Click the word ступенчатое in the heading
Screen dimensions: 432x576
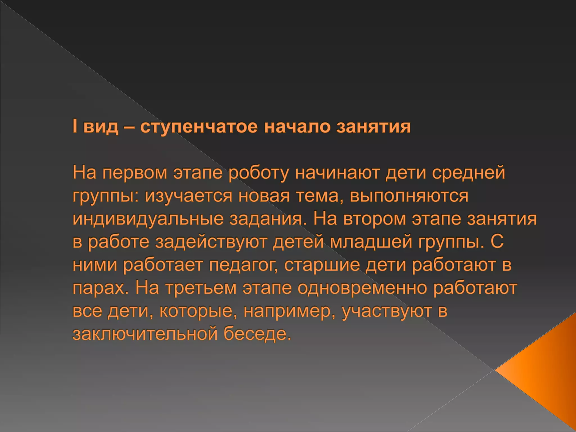coord(199,127)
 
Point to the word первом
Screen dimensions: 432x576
coord(134,173)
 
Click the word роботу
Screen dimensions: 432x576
coord(258,173)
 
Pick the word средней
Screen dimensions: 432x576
coord(468,173)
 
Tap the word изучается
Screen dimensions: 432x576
coord(188,196)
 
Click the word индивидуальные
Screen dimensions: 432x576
coord(148,219)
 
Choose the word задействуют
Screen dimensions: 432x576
coord(211,242)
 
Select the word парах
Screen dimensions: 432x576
coord(100,288)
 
